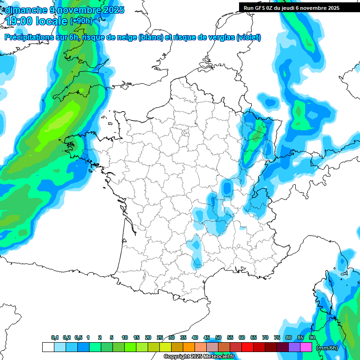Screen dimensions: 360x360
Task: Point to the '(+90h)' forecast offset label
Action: point(81,21)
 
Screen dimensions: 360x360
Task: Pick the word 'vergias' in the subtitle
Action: point(219,37)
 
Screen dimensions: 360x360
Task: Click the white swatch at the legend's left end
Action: point(48,347)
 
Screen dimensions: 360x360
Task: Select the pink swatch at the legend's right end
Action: point(306,347)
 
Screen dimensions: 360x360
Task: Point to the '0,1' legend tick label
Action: point(55,337)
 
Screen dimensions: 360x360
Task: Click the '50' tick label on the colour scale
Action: point(218,337)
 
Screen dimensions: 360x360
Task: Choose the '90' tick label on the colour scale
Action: point(312,337)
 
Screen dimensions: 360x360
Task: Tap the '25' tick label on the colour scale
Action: point(160,337)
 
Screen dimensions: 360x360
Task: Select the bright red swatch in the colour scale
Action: point(247,347)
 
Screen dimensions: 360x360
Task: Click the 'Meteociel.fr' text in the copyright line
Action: point(219,357)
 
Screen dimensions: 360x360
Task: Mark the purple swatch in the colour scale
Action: point(294,347)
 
